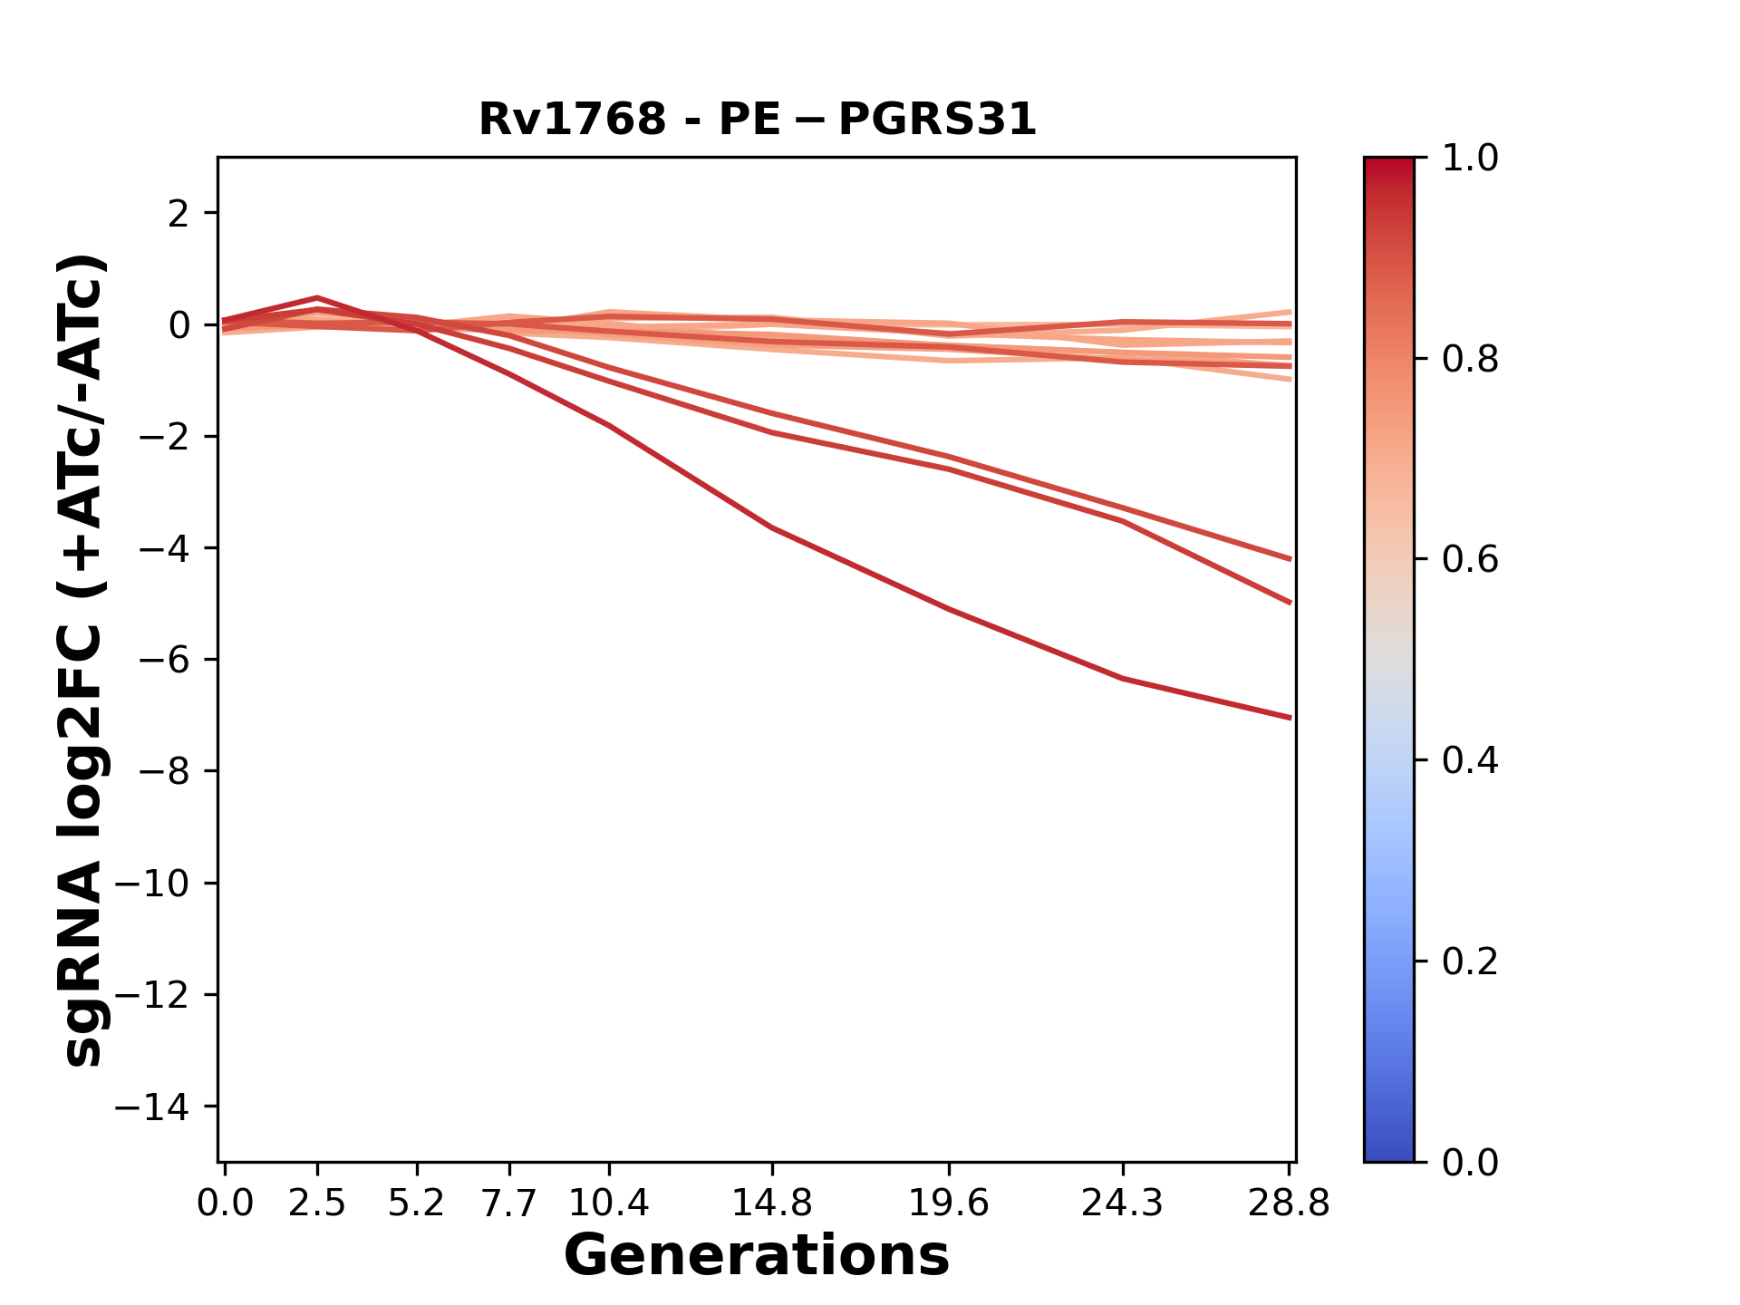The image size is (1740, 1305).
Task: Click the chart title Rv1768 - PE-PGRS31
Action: [x=757, y=120]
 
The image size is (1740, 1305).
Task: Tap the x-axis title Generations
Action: [x=757, y=1256]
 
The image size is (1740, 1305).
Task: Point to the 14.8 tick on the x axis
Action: [x=771, y=1203]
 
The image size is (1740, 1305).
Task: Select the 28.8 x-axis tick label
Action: [x=1289, y=1203]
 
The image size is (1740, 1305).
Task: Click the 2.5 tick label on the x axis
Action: [x=317, y=1203]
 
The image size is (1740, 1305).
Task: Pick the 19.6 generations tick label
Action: [x=949, y=1203]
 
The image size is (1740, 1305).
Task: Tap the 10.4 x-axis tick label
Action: [x=609, y=1203]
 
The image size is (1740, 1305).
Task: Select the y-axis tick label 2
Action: [x=179, y=213]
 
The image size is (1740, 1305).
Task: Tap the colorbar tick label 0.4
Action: [x=1470, y=760]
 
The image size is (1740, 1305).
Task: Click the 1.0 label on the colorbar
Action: [x=1470, y=159]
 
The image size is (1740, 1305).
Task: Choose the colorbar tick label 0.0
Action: [x=1470, y=1162]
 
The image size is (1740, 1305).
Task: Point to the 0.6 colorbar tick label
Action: [x=1470, y=559]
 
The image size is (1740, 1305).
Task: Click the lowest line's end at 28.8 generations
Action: [x=1290, y=718]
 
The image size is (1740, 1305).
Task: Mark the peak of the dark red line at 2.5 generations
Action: [x=317, y=297]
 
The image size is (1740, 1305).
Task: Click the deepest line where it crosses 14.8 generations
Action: [x=771, y=527]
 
